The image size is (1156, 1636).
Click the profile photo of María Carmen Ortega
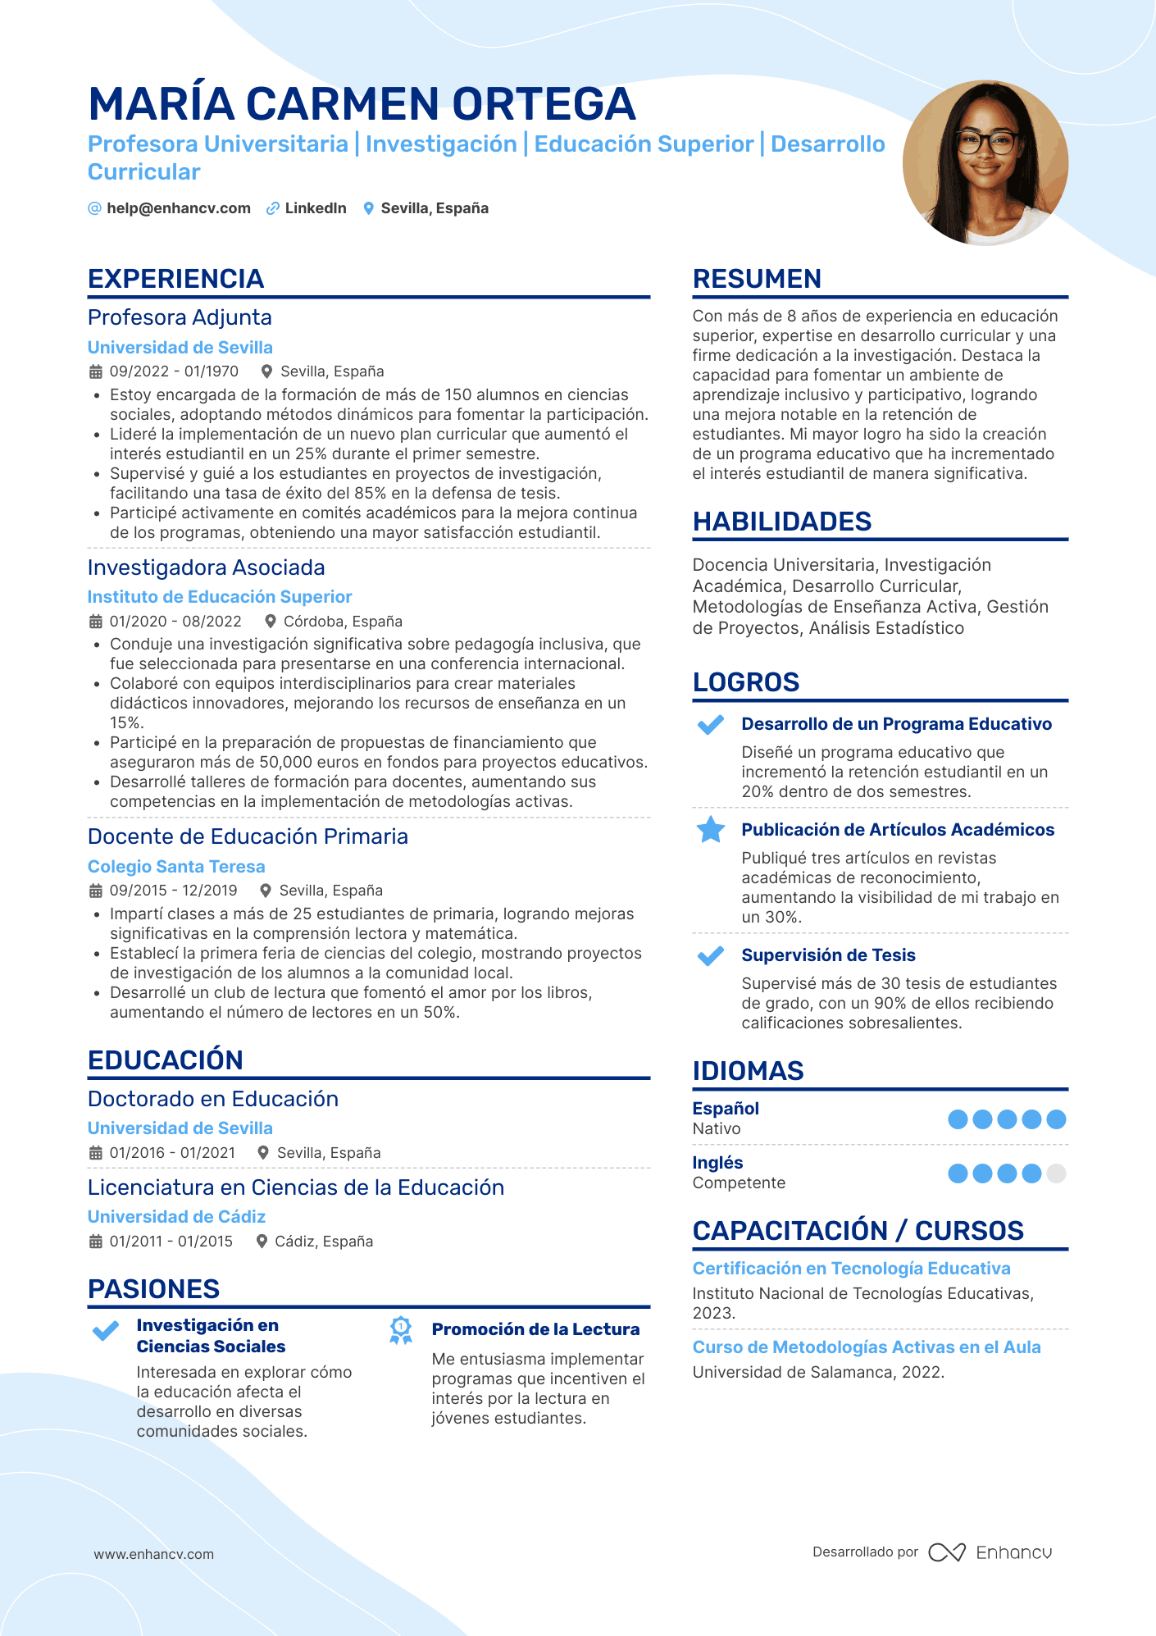985,162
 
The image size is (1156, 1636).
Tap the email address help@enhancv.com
178,208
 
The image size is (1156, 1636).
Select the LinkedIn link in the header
315,208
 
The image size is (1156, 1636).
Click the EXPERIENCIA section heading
175,279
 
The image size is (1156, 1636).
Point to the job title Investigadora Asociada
206,567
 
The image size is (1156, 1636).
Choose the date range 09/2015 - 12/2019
173,891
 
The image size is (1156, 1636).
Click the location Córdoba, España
343,622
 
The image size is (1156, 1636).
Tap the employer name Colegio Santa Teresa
176,867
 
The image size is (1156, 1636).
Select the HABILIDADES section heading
781,522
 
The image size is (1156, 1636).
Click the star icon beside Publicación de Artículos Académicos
710,830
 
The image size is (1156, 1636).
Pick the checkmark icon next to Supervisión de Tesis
710,955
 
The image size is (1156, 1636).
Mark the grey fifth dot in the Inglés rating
1057,1173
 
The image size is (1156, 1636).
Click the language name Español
726,1109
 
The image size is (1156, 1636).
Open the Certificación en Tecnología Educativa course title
851,1269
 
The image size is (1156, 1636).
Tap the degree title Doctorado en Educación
212,1099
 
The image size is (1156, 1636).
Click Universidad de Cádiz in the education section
176,1217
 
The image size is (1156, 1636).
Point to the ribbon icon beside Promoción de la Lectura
400,1330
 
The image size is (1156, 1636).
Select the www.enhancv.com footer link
153,1554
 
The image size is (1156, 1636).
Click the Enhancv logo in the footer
990,1552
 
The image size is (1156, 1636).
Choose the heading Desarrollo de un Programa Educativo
896,724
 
